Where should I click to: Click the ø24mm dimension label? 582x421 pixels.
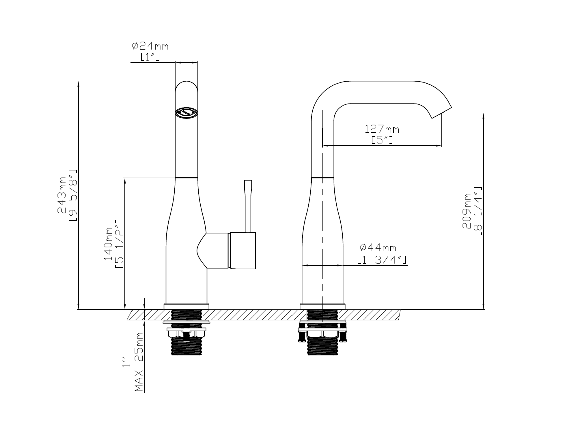pos(150,46)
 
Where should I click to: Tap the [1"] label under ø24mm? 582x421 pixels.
pos(150,57)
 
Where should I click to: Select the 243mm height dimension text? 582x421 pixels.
pos(61,195)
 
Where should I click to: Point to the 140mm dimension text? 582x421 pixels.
pos(108,244)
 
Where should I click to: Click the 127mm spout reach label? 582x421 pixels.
pos(382,129)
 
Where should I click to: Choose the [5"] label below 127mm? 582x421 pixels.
pos(382,140)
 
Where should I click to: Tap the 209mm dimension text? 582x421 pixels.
pos(467,211)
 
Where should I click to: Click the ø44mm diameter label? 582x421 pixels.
pos(378,247)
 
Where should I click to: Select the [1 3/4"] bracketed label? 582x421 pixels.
pos(382,260)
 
